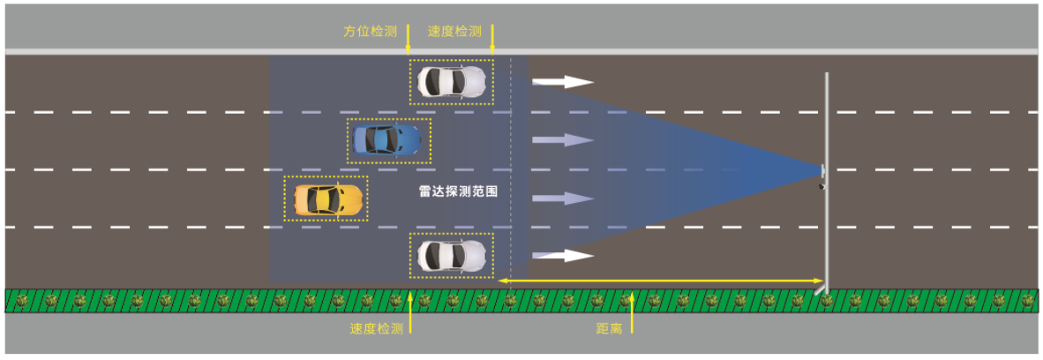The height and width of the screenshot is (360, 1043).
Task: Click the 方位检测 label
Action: pyautogui.click(x=370, y=32)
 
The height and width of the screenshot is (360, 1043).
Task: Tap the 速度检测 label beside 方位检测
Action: pyautogui.click(x=454, y=32)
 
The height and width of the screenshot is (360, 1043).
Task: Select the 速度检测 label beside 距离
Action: pyautogui.click(x=376, y=328)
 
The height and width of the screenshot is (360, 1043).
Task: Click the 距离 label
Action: pyautogui.click(x=609, y=328)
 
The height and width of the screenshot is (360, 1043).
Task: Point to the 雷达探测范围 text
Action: pyautogui.click(x=458, y=190)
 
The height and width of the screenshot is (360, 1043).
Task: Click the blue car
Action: pyautogui.click(x=386, y=139)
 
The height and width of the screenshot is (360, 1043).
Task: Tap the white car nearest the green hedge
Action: pyautogui.click(x=451, y=256)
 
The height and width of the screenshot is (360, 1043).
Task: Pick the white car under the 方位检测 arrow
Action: pyautogui.click(x=451, y=82)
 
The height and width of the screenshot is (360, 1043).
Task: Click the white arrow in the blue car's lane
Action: pyautogui.click(x=562, y=139)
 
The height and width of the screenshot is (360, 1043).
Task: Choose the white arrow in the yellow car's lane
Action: pyautogui.click(x=562, y=199)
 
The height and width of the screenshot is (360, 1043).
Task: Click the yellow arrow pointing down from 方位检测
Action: pyautogui.click(x=409, y=41)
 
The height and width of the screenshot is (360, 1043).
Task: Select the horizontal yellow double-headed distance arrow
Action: pyautogui.click(x=662, y=281)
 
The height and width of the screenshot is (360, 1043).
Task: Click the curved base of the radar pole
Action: pyautogui.click(x=822, y=288)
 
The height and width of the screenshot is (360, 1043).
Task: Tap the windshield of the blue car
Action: pyautogui.click(x=398, y=139)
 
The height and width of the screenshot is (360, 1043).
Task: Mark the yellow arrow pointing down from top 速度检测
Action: pyautogui.click(x=492, y=41)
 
